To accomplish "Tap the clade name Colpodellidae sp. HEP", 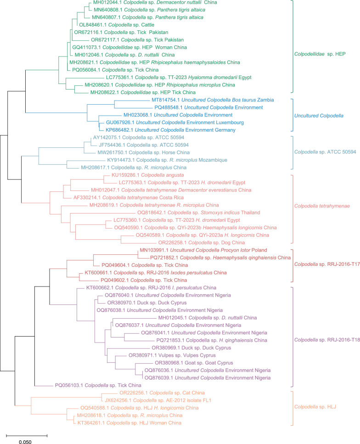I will [320, 54].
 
